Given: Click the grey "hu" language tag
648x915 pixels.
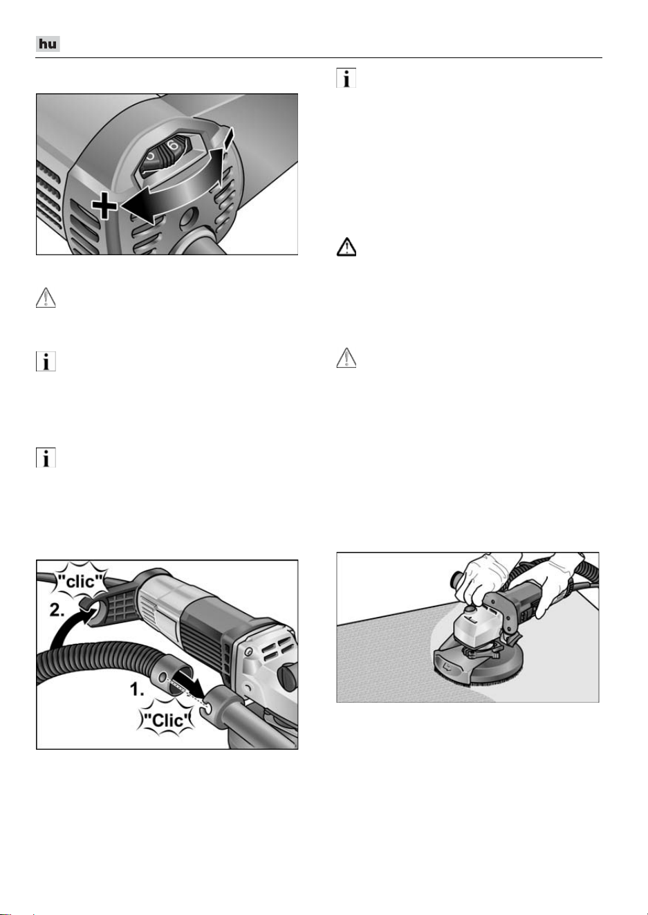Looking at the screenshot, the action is click(48, 44).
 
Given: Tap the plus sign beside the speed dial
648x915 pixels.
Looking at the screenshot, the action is click(104, 205).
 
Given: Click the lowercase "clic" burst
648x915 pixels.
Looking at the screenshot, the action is click(81, 581).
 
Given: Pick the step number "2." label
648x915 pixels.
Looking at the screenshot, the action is click(57, 610).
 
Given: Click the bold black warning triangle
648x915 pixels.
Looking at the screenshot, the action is click(346, 247).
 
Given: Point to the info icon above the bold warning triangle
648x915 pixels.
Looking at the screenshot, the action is click(346, 77).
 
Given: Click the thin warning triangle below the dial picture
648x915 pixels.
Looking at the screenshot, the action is click(46, 297).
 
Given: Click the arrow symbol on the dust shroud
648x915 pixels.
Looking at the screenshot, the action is click(448, 669).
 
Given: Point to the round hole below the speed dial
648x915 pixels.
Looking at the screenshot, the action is click(188, 217).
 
